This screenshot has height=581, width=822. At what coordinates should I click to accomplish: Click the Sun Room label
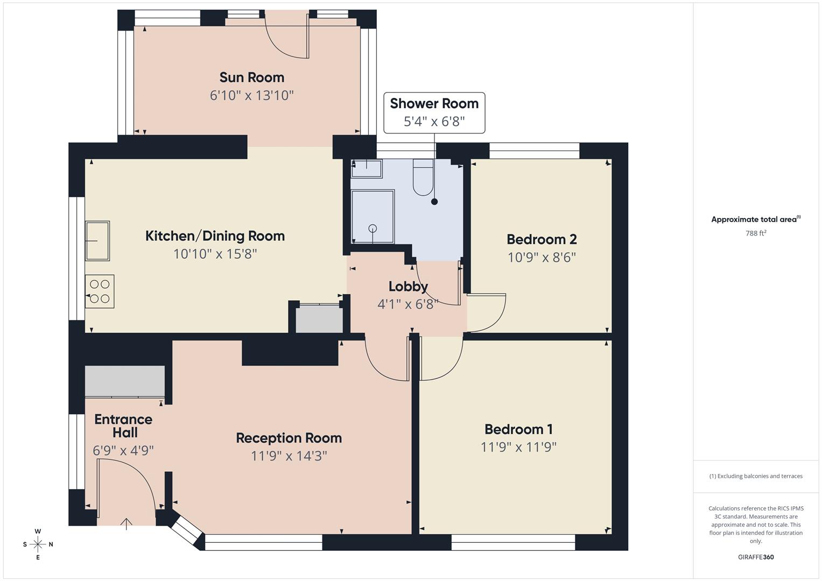pos(251,77)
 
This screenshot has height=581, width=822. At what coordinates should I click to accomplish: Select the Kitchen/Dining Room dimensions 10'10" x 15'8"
pos(215,254)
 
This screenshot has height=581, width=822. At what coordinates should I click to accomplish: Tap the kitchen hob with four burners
pos(100,292)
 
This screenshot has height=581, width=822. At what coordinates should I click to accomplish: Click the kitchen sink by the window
pos(97,240)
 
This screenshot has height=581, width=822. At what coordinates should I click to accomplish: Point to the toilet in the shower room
pos(423,178)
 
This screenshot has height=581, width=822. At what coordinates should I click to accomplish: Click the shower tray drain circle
pos(373,229)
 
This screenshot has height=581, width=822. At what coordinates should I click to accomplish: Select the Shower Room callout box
pos(434,112)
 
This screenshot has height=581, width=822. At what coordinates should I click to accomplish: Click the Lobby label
pos(408,286)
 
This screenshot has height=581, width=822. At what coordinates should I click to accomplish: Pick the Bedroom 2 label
pos(542,239)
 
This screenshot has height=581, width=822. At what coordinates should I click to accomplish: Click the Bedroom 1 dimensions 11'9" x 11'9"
pos(518,447)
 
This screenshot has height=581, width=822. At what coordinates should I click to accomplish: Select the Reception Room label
pos(289,438)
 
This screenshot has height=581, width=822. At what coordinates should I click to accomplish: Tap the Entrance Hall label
pos(123,426)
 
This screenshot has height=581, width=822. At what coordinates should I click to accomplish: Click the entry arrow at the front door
pos(126,523)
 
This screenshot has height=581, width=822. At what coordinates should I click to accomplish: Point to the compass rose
pos(38,544)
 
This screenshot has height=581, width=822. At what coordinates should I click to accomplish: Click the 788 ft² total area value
pos(756,233)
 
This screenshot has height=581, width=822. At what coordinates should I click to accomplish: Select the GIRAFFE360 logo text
pos(755,557)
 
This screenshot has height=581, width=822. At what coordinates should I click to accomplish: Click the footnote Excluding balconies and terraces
pos(756,476)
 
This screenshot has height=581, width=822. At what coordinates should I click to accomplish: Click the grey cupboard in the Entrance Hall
pos(125,381)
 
